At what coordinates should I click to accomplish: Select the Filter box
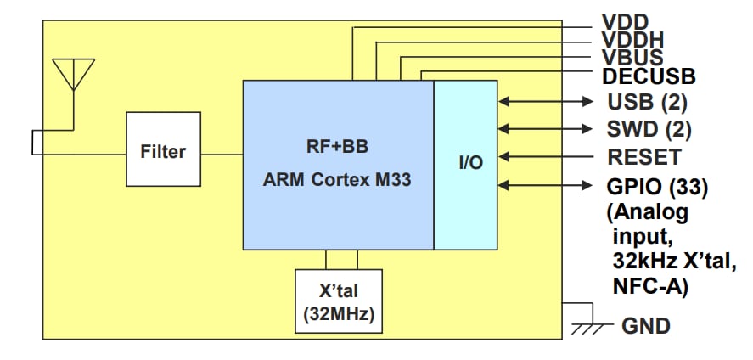[162, 152]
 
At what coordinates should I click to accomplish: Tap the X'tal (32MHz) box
[340, 302]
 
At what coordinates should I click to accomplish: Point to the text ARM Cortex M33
[338, 180]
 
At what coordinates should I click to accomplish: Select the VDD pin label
[626, 21]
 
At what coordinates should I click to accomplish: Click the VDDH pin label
[632, 39]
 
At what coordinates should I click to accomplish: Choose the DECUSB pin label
[649, 76]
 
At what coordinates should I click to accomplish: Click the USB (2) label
[647, 103]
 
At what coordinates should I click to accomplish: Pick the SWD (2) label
[649, 129]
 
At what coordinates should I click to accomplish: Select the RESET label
[643, 157]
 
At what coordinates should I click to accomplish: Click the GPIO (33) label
[658, 184]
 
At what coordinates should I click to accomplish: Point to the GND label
[646, 325]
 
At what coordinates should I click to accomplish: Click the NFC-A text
[649, 287]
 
